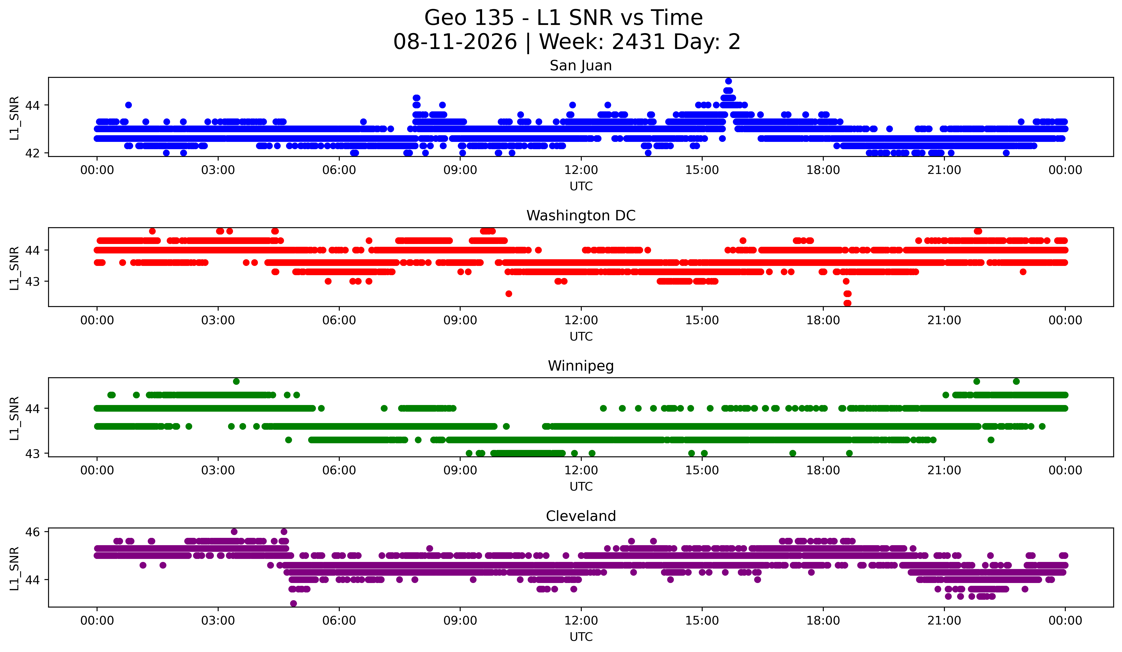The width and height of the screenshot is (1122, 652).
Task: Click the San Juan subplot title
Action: coord(581,66)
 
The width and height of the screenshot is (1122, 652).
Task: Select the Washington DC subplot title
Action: coord(581,216)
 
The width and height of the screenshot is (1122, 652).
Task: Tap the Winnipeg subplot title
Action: coord(581,366)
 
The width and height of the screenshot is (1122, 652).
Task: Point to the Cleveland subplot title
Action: coord(581,516)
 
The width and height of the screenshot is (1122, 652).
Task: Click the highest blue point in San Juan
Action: coord(728,81)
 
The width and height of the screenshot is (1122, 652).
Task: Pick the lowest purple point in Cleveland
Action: coord(293,603)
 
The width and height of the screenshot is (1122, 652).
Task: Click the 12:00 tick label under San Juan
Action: coord(581,170)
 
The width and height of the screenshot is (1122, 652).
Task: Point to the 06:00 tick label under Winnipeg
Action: coord(339,471)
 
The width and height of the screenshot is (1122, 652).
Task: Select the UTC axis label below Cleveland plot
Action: coord(581,637)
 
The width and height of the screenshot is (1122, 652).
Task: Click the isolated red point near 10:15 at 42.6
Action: coord(508,294)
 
